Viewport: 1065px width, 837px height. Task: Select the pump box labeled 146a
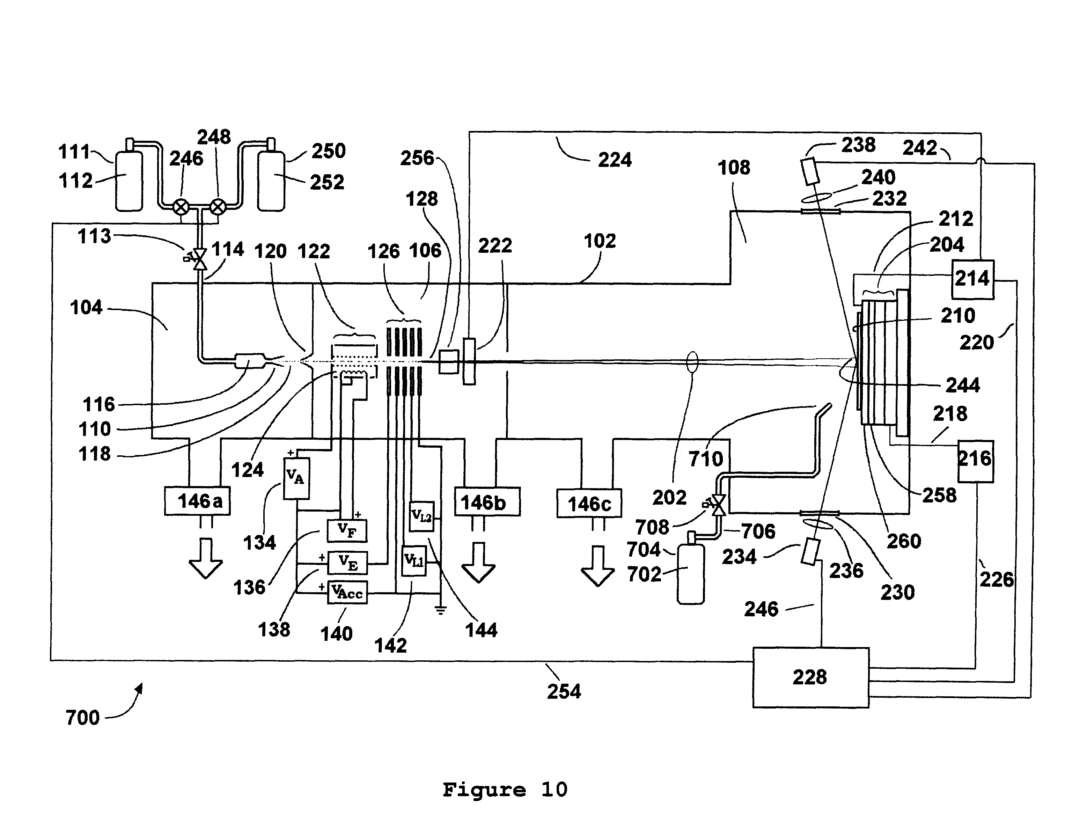point(197,501)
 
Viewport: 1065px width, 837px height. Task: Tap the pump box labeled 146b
point(487,502)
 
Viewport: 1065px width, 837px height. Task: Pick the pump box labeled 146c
point(589,503)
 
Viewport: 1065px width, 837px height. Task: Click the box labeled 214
point(972,279)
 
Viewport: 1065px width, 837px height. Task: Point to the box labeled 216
point(975,461)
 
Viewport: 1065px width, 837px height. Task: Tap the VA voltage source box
point(296,478)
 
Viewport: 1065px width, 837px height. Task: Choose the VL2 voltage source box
point(421,516)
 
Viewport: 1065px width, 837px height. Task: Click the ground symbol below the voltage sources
point(441,610)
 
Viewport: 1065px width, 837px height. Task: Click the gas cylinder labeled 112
point(129,180)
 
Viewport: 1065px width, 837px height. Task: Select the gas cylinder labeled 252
point(271,180)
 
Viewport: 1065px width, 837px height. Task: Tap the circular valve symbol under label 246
point(181,207)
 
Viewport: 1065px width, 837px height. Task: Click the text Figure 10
point(505,790)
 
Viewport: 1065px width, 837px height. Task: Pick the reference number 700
point(82,718)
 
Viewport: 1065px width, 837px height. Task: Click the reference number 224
point(615,160)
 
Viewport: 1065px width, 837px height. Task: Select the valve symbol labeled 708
point(718,505)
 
